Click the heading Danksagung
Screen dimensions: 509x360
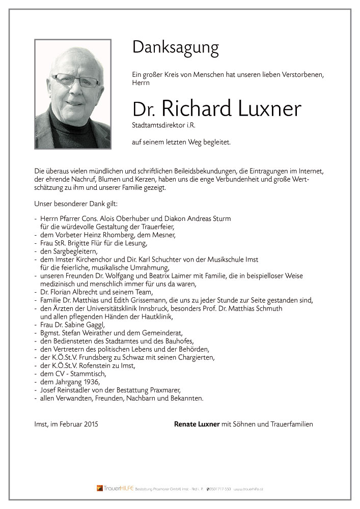tap(175, 48)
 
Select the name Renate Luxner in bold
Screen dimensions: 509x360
tap(197, 423)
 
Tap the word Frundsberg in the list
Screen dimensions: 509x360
tap(99, 357)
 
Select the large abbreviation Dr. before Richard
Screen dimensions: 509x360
tap(143, 109)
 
